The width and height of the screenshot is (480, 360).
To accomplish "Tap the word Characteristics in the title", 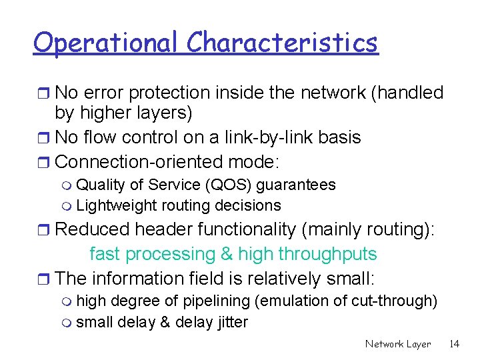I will pyautogui.click(x=282, y=43).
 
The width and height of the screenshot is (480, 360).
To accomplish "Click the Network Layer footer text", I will pyautogui.click(x=398, y=344).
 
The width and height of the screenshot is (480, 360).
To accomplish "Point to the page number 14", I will pyautogui.click(x=454, y=344).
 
